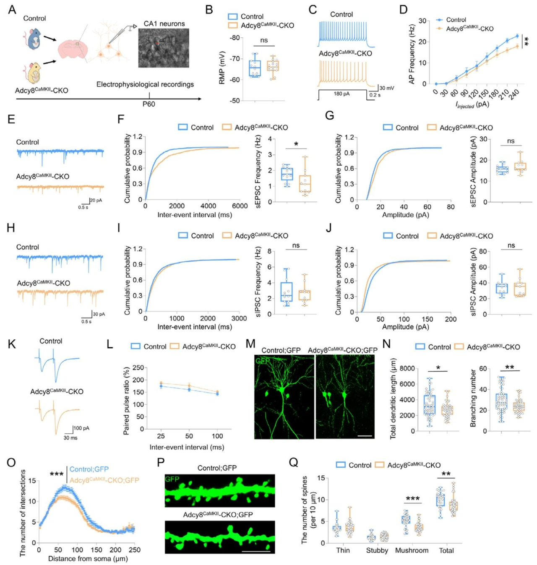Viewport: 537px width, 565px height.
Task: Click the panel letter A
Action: point(12,9)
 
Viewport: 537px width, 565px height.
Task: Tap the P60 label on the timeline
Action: point(149,104)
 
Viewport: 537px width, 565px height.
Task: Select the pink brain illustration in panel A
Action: point(73,49)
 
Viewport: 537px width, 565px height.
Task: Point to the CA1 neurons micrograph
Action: point(164,48)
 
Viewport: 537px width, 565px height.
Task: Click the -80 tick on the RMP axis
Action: point(234,38)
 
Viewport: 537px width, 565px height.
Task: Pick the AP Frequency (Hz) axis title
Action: point(412,54)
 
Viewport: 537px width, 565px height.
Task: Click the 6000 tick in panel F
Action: point(240,206)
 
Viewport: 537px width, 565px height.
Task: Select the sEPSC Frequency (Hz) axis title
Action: point(258,171)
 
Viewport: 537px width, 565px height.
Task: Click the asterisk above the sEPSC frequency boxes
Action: point(296,145)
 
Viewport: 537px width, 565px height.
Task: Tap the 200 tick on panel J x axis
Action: point(451,319)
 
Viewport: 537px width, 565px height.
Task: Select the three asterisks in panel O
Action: point(57,474)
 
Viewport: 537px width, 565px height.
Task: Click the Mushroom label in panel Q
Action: point(412,550)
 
